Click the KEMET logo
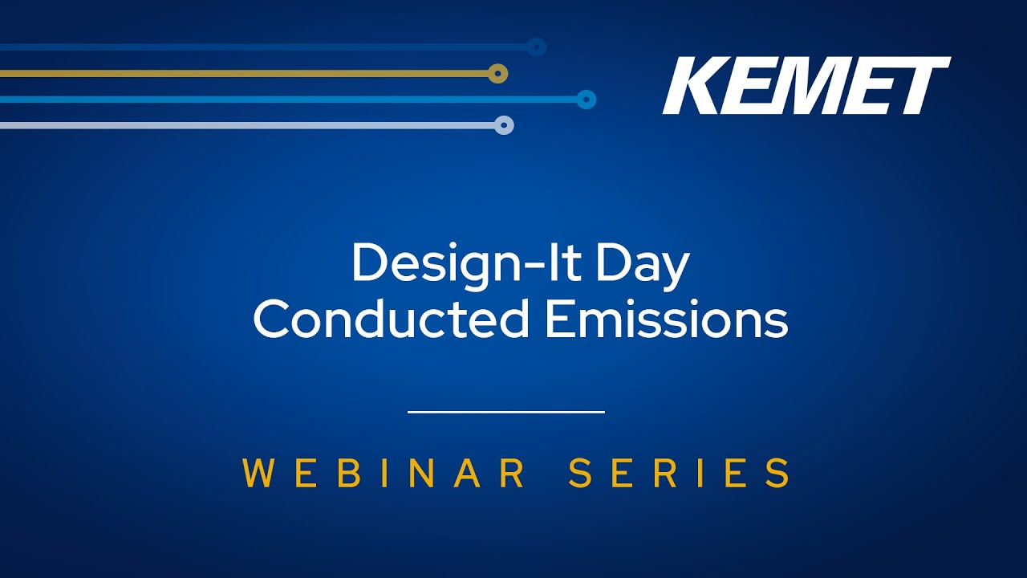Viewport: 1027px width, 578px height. (806, 85)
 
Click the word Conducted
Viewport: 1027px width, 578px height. (391, 318)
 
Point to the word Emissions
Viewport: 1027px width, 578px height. (667, 318)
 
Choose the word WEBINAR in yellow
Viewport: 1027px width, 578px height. (384, 473)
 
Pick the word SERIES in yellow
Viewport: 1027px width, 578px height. (679, 473)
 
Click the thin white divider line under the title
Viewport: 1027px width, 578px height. (506, 412)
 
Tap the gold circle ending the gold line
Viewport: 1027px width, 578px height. (497, 73)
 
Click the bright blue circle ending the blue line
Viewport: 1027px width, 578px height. (586, 99)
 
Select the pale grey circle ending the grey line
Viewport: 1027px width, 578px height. (504, 124)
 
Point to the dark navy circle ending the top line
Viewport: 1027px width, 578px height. (536, 47)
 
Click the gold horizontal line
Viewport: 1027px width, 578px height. (244, 73)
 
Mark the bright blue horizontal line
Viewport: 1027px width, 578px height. (288, 99)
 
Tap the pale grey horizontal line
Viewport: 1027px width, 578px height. (247, 125)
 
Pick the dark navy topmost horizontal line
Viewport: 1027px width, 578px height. (263, 47)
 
